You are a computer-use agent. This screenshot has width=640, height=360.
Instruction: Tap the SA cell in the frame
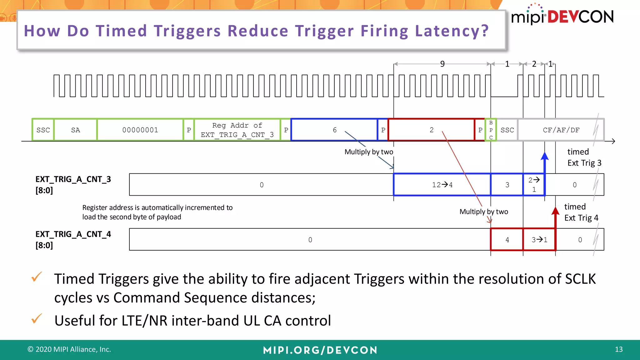click(75, 130)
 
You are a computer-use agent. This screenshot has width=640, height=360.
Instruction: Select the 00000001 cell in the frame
click(140, 130)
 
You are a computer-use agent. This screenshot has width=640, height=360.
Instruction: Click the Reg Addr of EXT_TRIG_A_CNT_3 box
click(237, 130)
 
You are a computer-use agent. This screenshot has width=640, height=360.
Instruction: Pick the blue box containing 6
click(334, 130)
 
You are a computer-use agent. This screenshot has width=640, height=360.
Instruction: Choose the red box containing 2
click(431, 130)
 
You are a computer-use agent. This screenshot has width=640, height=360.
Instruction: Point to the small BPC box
click(491, 130)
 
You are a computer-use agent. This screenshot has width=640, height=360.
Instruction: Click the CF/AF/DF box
click(561, 130)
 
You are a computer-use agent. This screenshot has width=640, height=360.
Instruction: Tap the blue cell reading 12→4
click(442, 185)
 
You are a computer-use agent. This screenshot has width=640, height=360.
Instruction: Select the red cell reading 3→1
click(539, 240)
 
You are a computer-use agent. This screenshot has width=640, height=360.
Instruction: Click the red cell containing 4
click(507, 240)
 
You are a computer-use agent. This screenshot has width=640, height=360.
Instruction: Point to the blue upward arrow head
click(545, 156)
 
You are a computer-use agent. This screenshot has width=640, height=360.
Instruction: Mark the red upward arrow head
click(555, 211)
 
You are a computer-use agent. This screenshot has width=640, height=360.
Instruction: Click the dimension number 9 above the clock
click(442, 64)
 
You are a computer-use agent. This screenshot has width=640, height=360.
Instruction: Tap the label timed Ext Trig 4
click(581, 212)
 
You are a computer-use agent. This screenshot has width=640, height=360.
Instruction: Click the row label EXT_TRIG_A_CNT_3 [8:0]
click(73, 185)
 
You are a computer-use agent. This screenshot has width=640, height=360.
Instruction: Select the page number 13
click(618, 349)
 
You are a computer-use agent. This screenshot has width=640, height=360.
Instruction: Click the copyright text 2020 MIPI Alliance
click(69, 349)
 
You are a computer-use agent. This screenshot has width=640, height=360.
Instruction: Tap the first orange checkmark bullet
click(37, 277)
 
